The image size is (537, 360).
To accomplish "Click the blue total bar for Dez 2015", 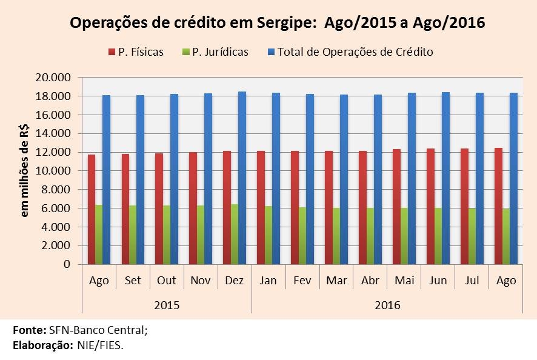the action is coord(242,178).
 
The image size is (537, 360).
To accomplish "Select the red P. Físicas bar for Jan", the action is coord(261,207).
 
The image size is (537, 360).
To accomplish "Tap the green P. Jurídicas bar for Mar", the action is coord(336,236).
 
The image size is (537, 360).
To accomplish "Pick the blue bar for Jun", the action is coord(445,178).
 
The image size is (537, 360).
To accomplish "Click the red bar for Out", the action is coord(159,209).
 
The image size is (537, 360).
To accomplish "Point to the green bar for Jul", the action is coord(472,236).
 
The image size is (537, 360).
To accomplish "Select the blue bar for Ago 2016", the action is coord(513,178).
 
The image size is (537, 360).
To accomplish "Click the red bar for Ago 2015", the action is coord(92,210).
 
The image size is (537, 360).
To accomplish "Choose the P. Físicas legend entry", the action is coord(136,52).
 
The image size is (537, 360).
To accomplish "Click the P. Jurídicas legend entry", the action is coord(215,52).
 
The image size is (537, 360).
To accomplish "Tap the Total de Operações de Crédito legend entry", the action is coord(350,52).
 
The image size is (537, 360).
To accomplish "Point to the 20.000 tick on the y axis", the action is coord(53,78).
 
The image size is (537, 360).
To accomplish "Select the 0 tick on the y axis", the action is coord(67,264).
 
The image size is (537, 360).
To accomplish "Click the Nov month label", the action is coord(201,281).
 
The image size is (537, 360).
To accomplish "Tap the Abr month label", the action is coord(370,281).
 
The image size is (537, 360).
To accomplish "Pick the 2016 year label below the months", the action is coord(387,305).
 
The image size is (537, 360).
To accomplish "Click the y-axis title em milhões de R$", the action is coord(25,171).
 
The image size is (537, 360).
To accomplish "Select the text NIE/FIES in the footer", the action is coord(101,345).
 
